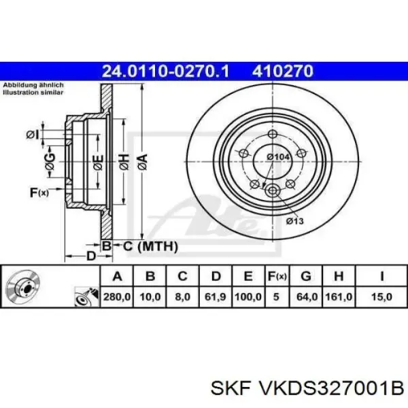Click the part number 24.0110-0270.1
click(x=165, y=71)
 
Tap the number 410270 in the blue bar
click(x=282, y=71)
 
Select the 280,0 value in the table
click(x=117, y=297)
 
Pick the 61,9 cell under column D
click(x=215, y=297)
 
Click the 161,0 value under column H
click(x=339, y=297)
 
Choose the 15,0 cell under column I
click(x=381, y=297)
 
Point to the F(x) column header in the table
click(x=277, y=276)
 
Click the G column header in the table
click(x=306, y=276)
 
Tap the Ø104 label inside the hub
click(x=278, y=157)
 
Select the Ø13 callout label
click(x=295, y=221)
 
